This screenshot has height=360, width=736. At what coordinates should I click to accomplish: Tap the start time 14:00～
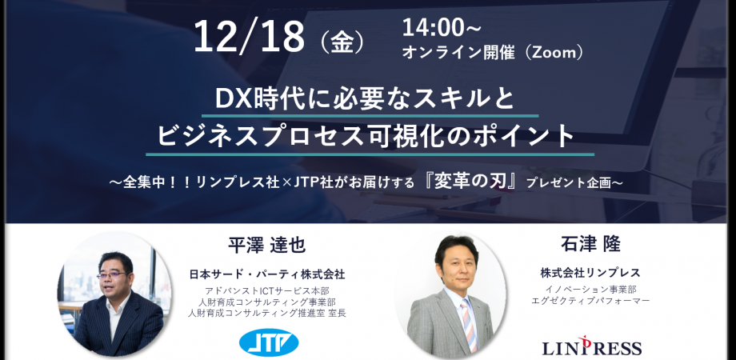coord(442,28)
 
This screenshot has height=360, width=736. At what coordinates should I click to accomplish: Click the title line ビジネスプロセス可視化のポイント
coord(369,134)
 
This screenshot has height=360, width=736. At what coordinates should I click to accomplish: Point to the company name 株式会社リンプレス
coord(590,273)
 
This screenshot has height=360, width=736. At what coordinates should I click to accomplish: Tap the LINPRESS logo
coord(592,347)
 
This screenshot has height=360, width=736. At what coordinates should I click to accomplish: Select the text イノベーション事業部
coord(590,290)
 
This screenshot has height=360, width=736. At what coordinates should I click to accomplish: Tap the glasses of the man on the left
coord(111,274)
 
